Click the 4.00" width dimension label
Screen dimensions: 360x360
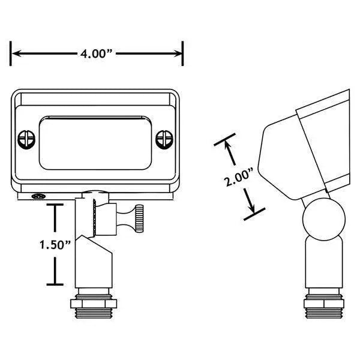(x=97, y=53)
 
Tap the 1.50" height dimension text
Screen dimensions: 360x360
(x=56, y=245)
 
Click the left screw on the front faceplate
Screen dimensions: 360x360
(x=25, y=139)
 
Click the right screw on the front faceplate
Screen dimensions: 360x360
(x=163, y=139)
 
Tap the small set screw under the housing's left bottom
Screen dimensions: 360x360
(x=39, y=196)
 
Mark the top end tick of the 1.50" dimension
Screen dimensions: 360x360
(x=56, y=205)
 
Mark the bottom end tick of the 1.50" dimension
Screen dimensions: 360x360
(x=56, y=284)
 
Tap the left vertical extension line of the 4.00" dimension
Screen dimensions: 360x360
(x=11, y=53)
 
